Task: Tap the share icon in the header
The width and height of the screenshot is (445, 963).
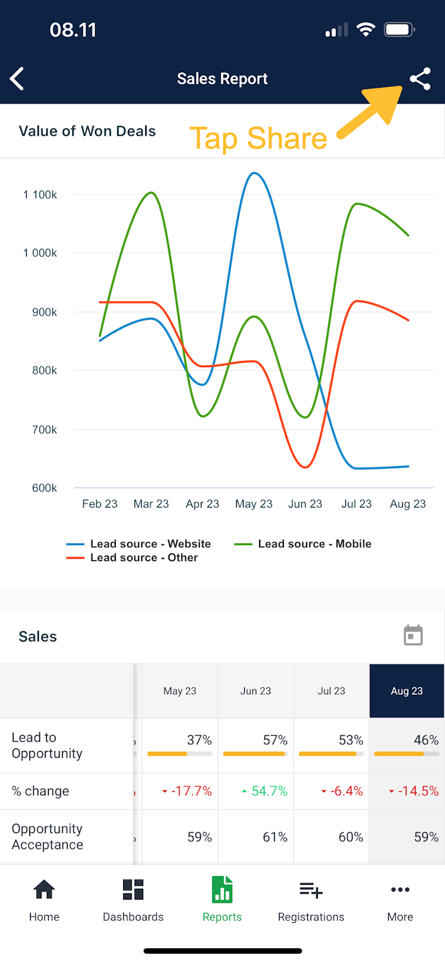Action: point(420,80)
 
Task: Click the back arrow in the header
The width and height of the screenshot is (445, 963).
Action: point(17,79)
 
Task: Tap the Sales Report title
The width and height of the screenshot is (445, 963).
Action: point(222,79)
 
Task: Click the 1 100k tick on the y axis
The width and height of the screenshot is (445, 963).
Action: point(40,195)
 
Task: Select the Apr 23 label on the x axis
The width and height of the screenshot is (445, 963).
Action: point(203,504)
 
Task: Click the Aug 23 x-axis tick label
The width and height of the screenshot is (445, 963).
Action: point(408,504)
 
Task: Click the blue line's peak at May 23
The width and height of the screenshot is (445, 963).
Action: point(253,173)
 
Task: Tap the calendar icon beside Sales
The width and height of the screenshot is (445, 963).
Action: point(414,635)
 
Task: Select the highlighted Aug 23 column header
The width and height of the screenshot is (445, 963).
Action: point(407,691)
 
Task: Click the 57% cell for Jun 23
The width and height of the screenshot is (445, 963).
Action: point(274,740)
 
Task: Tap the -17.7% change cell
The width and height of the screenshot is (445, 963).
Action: point(191,792)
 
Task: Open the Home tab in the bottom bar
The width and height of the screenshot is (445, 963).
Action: point(44,899)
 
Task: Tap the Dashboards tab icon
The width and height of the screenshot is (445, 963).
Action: point(133,890)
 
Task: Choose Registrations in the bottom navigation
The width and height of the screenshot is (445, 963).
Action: point(311,899)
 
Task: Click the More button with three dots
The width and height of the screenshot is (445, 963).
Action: point(400,899)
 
